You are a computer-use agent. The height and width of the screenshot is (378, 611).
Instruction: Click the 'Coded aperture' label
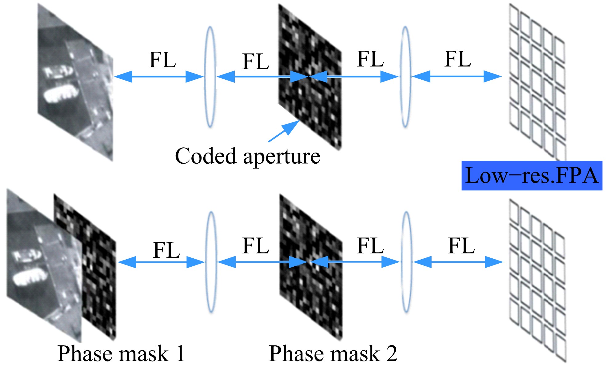[247, 156]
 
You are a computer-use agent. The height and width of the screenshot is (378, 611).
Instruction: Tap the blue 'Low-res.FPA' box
[531, 176]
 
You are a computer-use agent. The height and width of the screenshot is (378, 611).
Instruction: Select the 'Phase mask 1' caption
[121, 354]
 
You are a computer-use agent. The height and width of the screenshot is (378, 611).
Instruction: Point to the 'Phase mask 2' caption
[333, 354]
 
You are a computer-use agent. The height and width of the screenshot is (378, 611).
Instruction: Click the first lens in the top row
[210, 77]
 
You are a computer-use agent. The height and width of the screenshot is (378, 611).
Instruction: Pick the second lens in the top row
[405, 77]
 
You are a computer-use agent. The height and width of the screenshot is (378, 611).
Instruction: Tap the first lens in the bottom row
[211, 262]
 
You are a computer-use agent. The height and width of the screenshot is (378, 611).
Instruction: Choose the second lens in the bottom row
[406, 262]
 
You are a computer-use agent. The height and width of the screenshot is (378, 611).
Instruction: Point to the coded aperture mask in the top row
[310, 77]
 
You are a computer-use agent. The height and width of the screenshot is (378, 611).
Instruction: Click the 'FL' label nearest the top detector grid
[458, 59]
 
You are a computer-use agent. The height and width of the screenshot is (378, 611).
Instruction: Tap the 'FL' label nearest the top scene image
[162, 60]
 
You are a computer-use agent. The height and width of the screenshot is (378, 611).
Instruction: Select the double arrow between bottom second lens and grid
[458, 262]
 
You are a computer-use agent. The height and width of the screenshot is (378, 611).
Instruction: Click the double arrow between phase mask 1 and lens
[161, 262]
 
